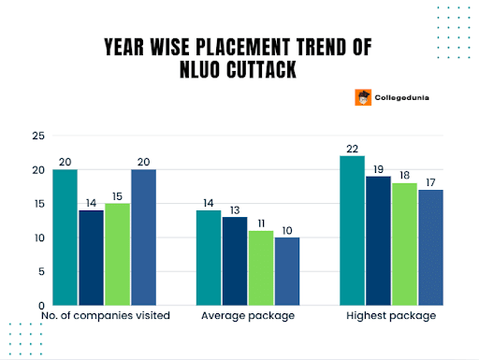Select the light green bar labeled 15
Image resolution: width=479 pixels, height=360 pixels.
point(118,253)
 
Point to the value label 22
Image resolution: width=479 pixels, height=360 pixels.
point(351,148)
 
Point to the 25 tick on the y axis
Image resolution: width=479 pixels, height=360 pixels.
point(38,137)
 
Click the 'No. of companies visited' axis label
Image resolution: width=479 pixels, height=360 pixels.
point(106,316)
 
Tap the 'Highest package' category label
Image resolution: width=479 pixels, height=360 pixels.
point(391,316)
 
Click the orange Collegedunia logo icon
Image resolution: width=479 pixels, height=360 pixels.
point(362,96)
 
